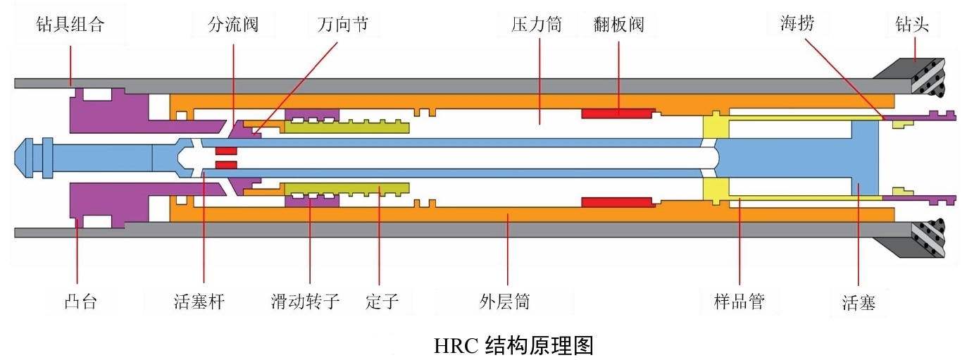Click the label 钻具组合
(70, 25)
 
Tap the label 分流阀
(233, 25)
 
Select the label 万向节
(343, 25)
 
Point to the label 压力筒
(536, 25)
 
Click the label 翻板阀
(619, 25)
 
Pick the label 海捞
(797, 24)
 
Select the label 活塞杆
(204, 303)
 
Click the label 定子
(382, 303)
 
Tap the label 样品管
(739, 303)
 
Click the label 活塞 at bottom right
(859, 303)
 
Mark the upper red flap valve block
(618, 113)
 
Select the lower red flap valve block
(618, 202)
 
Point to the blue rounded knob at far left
(27, 157)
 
